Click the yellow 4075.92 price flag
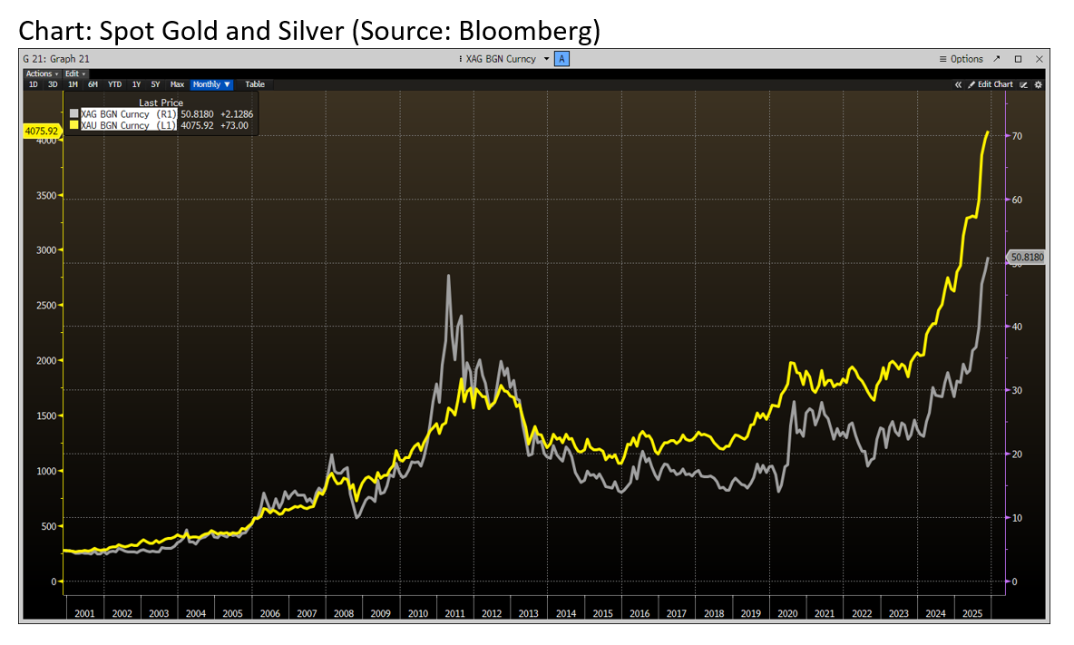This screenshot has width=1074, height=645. (x=42, y=132)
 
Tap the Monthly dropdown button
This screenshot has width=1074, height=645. (x=211, y=84)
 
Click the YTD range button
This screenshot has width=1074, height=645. (x=114, y=84)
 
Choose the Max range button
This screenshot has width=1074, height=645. (x=178, y=84)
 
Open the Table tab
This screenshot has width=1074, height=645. (x=255, y=84)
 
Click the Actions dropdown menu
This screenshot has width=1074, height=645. (x=40, y=73)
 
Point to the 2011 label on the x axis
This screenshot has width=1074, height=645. (x=455, y=614)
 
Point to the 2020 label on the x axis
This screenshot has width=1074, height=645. (x=787, y=614)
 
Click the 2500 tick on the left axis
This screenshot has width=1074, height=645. (x=45, y=306)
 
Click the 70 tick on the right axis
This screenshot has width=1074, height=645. (x=1018, y=136)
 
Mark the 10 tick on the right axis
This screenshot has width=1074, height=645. (x=1018, y=517)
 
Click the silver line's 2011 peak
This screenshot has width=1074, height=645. (x=448, y=276)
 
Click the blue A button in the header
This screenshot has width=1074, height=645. (x=562, y=59)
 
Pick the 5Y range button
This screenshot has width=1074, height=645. (x=156, y=84)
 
